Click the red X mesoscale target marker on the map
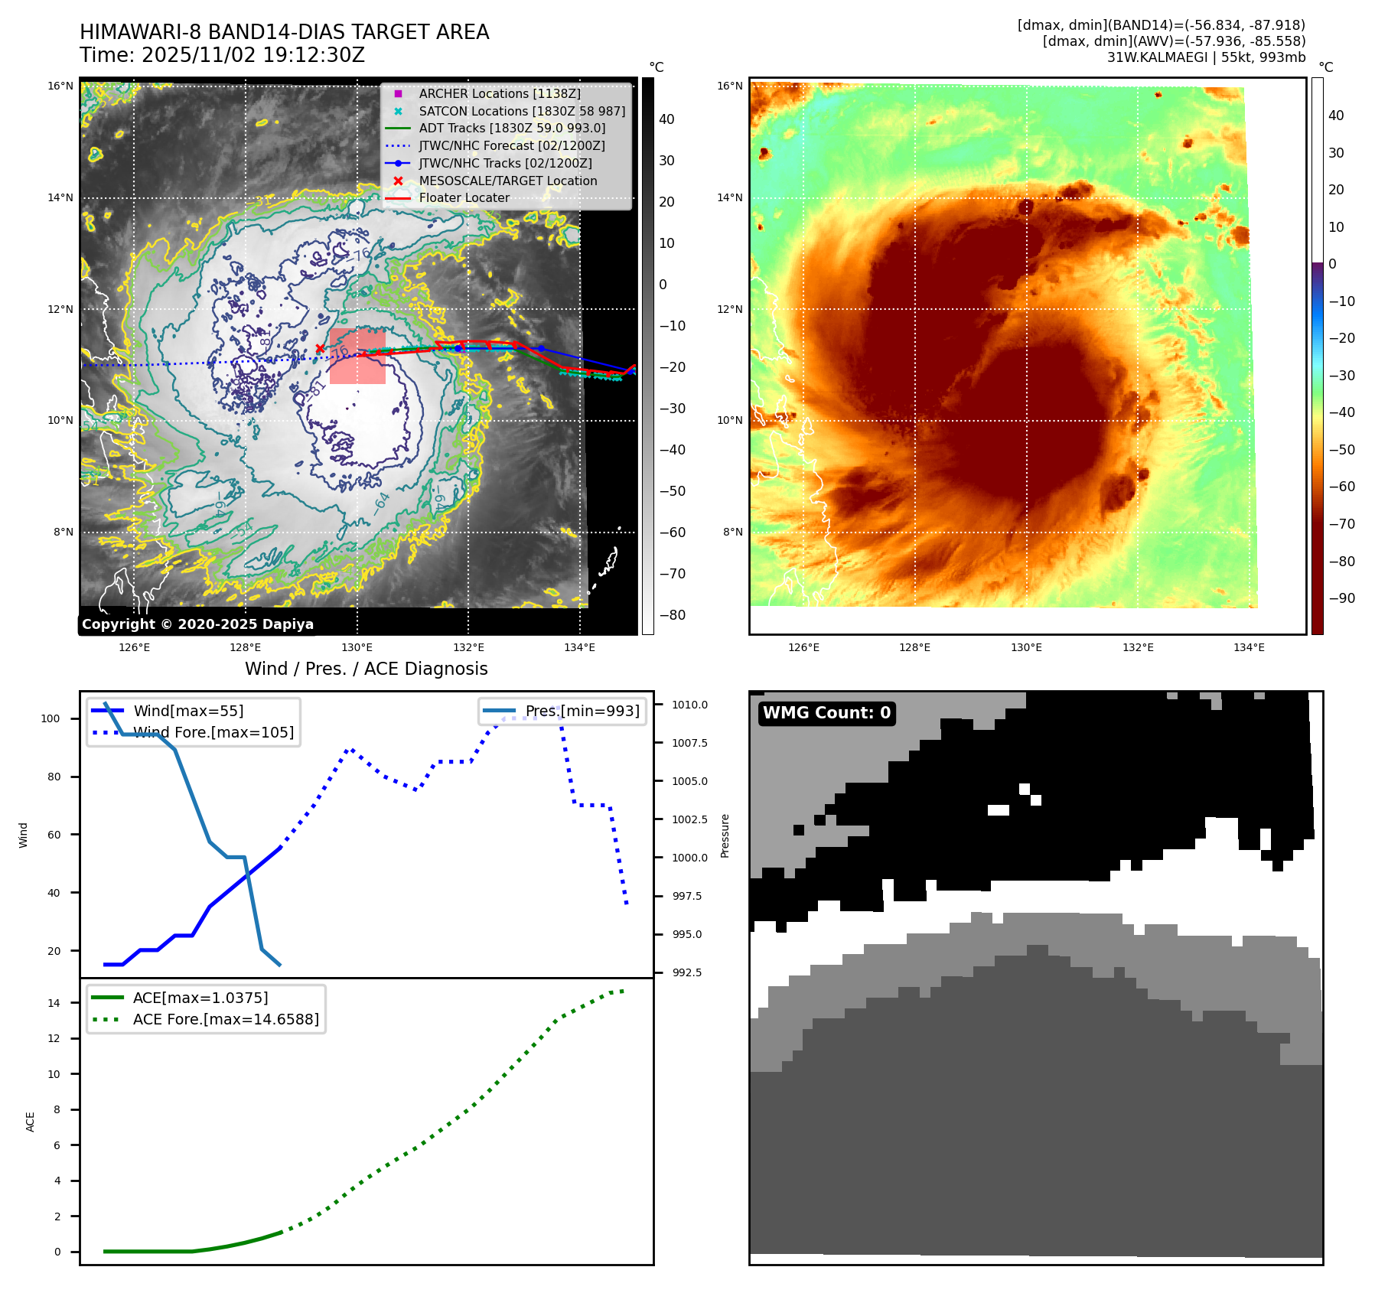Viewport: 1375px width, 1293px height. (x=320, y=349)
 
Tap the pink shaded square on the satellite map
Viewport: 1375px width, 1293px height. (x=357, y=357)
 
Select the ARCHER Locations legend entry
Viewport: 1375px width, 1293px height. (x=499, y=93)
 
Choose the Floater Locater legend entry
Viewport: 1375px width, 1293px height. (x=464, y=197)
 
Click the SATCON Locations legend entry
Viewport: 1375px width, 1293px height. (x=521, y=111)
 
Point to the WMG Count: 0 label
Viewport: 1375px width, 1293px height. (x=826, y=713)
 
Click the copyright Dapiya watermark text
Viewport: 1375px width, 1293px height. (x=197, y=624)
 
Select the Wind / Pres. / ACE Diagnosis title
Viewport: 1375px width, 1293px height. (x=366, y=669)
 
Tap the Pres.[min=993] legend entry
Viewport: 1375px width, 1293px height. (x=582, y=711)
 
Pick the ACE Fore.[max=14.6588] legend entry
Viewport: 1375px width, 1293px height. (x=226, y=1019)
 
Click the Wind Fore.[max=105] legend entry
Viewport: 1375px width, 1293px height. (x=213, y=732)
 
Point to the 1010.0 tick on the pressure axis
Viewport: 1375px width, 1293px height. (x=689, y=705)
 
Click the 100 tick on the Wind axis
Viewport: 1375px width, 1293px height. (x=51, y=718)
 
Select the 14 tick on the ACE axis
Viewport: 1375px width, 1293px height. (x=54, y=1003)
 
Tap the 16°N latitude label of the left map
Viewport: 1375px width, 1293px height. (x=60, y=86)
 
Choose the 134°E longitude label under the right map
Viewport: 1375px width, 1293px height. (x=1249, y=647)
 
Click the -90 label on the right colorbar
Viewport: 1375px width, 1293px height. (x=1341, y=598)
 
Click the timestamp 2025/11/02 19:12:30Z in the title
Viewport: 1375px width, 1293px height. (x=253, y=55)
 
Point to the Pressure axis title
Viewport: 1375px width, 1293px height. (x=725, y=835)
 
